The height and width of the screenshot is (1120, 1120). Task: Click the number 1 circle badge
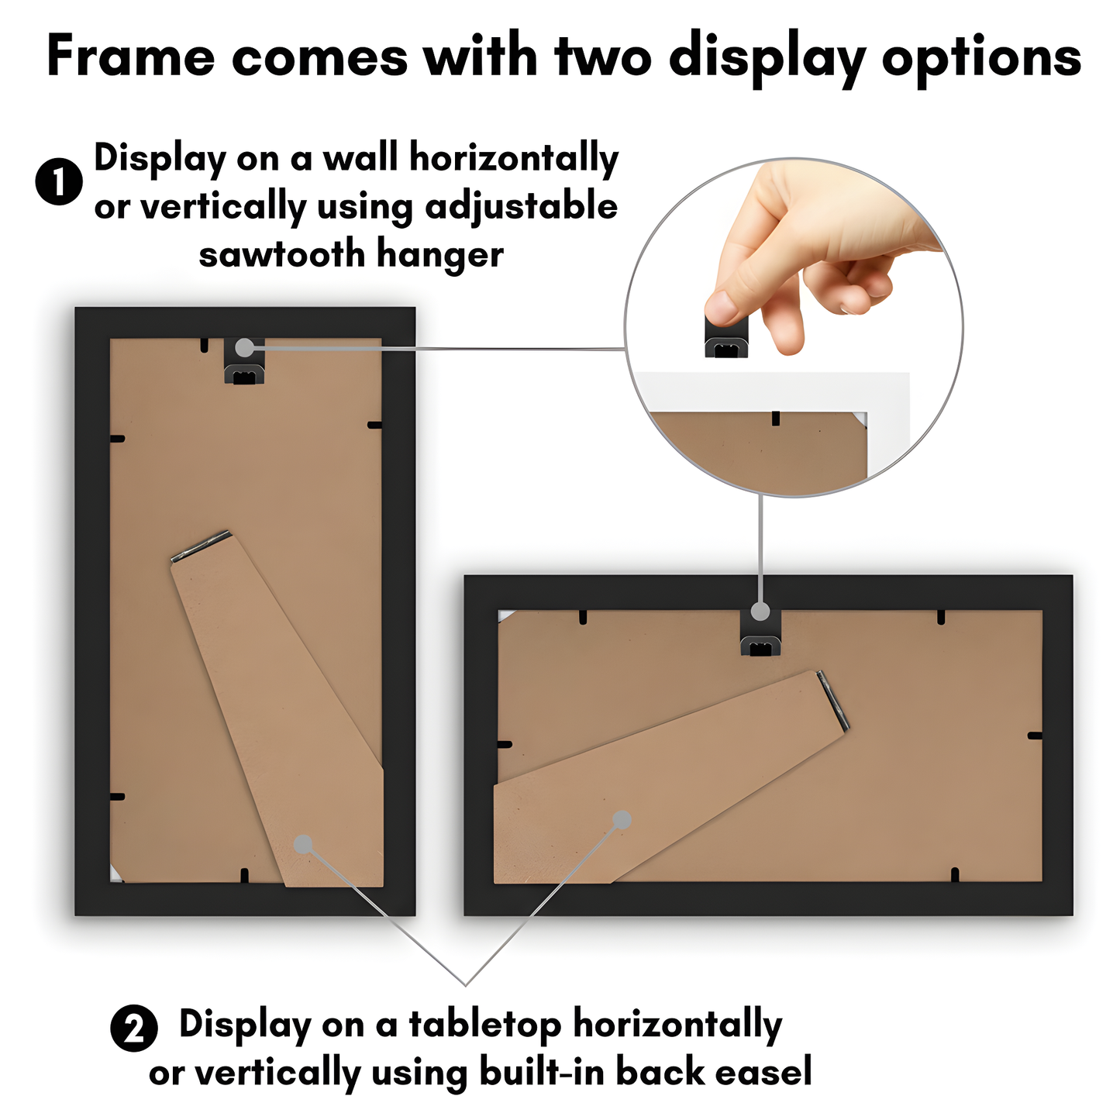coord(59,182)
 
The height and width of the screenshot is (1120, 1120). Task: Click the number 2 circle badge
coord(134,1029)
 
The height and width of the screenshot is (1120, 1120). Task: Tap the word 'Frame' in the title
coord(130,57)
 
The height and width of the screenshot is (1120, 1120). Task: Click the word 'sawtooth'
coord(281,254)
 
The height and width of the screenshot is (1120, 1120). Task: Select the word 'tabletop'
coord(485,1024)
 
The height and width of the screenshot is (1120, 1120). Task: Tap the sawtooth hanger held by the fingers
coord(726,342)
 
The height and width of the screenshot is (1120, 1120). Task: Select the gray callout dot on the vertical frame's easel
coord(303,844)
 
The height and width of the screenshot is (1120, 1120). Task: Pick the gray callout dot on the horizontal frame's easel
coord(622,819)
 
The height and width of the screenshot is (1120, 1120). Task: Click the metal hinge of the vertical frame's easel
coord(201,546)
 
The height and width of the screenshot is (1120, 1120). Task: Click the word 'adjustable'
coord(521,206)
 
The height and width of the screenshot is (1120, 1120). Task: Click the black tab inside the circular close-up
coord(775,419)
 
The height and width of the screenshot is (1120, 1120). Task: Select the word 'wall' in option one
coord(360,158)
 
